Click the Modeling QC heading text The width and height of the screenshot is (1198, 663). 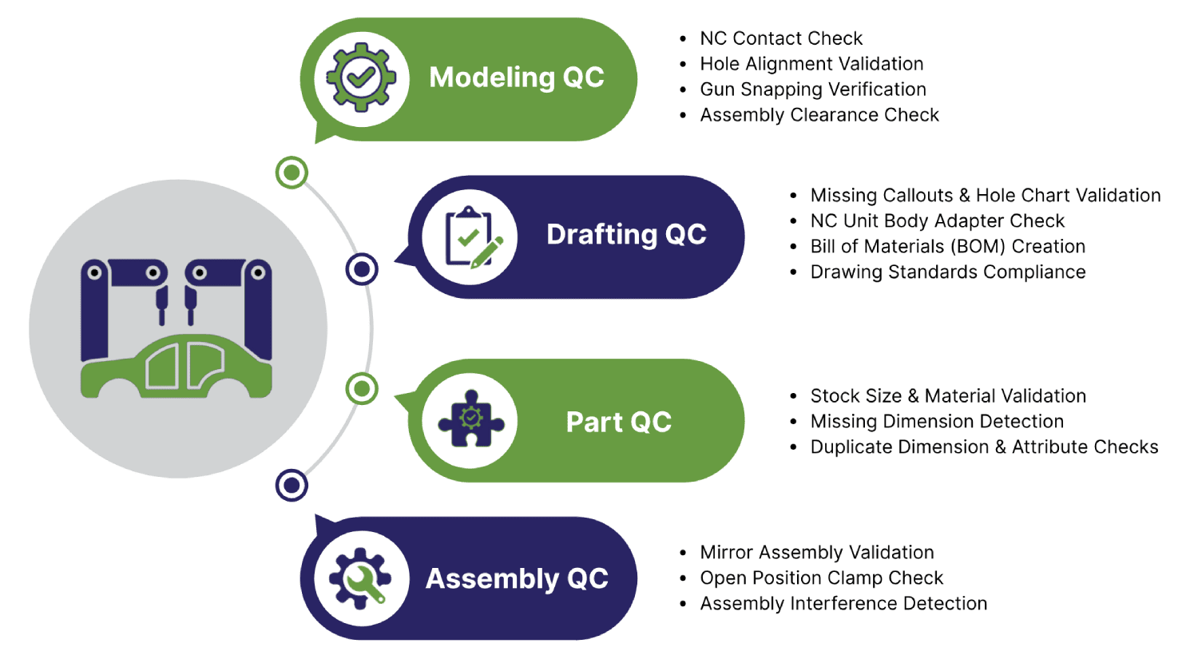click(517, 77)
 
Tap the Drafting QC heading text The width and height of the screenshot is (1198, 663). click(626, 235)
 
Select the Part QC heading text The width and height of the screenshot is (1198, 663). click(619, 422)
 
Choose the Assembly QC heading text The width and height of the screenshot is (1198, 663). click(517, 578)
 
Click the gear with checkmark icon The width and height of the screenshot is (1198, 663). click(361, 78)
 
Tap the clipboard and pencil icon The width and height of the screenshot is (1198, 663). click(470, 236)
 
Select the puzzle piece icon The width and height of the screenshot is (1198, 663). click(470, 420)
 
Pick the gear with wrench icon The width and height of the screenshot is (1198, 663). click(361, 578)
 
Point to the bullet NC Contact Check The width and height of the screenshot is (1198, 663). click(781, 38)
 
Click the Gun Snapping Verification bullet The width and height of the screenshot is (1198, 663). click(813, 89)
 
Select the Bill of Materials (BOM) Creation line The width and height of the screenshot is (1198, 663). click(948, 247)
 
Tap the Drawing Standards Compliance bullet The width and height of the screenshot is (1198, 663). click(948, 272)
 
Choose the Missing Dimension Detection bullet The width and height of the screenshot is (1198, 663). click(937, 422)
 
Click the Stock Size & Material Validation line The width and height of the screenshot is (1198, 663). click(948, 396)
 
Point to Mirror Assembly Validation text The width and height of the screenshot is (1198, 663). click(817, 553)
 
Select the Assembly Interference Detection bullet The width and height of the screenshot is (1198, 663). click(843, 604)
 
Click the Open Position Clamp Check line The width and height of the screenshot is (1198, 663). click(822, 578)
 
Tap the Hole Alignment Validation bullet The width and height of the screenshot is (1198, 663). click(811, 64)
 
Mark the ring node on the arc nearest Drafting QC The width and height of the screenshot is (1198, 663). click(362, 269)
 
